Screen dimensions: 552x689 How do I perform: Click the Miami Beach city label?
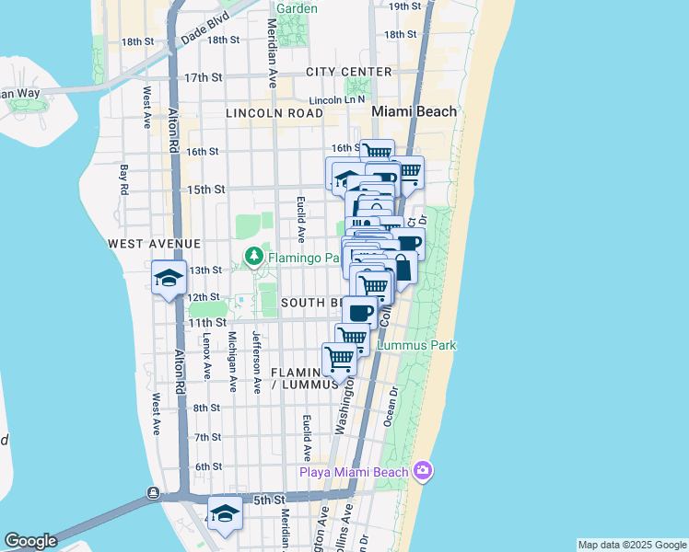[414, 111]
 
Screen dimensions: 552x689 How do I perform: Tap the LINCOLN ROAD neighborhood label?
[274, 113]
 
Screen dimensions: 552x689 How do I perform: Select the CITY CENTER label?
[349, 72]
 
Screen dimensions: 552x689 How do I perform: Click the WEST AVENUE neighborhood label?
[154, 244]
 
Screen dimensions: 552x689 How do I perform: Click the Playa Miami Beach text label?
[354, 473]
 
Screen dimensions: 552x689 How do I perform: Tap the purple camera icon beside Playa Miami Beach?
[423, 471]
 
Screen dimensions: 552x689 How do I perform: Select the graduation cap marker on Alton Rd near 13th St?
[168, 278]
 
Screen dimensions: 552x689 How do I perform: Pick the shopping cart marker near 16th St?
[377, 153]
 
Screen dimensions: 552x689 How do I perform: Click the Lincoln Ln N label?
[338, 99]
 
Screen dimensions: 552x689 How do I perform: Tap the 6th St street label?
[208, 466]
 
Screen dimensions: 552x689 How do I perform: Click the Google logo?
[30, 541]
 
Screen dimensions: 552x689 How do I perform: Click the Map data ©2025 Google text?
[632, 545]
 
